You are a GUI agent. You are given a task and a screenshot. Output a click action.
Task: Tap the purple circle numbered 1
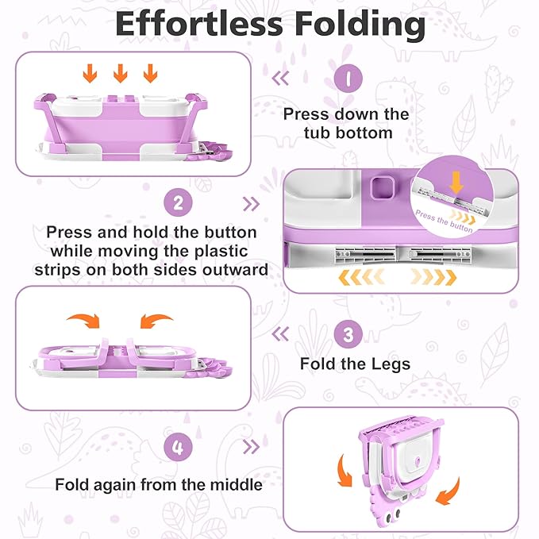pyautogui.click(x=347, y=79)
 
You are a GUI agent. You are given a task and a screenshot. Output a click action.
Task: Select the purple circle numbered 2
pyautogui.click(x=179, y=202)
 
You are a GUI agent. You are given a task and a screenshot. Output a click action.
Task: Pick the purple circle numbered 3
pyautogui.click(x=347, y=333)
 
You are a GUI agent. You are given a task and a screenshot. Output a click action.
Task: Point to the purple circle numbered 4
pyautogui.click(x=179, y=447)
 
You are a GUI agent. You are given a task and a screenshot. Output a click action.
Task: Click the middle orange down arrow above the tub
pyautogui.click(x=121, y=74)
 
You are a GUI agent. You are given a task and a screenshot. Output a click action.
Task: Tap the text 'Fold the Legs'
pyautogui.click(x=355, y=364)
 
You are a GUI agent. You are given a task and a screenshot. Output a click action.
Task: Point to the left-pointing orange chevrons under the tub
pyautogui.click(x=361, y=276)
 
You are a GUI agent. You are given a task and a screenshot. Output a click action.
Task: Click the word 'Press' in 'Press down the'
pyautogui.click(x=305, y=114)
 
